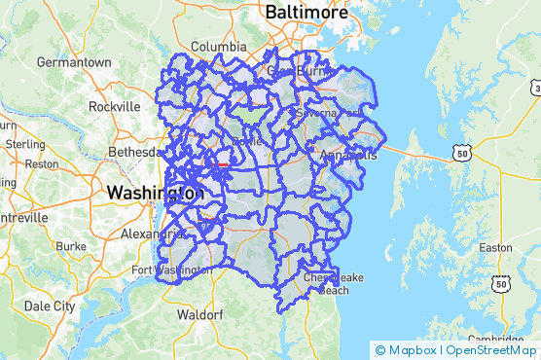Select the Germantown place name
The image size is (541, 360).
click(x=74, y=61)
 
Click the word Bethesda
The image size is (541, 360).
click(x=134, y=153)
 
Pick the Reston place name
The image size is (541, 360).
click(x=41, y=164)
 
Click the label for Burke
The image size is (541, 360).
click(x=72, y=247)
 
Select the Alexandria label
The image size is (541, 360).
click(x=145, y=234)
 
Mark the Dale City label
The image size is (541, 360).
click(x=50, y=306)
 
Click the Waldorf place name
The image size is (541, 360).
click(x=200, y=315)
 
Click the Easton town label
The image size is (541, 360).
click(x=495, y=248)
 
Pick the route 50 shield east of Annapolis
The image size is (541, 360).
click(x=461, y=153)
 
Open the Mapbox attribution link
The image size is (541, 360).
click(x=407, y=350)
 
